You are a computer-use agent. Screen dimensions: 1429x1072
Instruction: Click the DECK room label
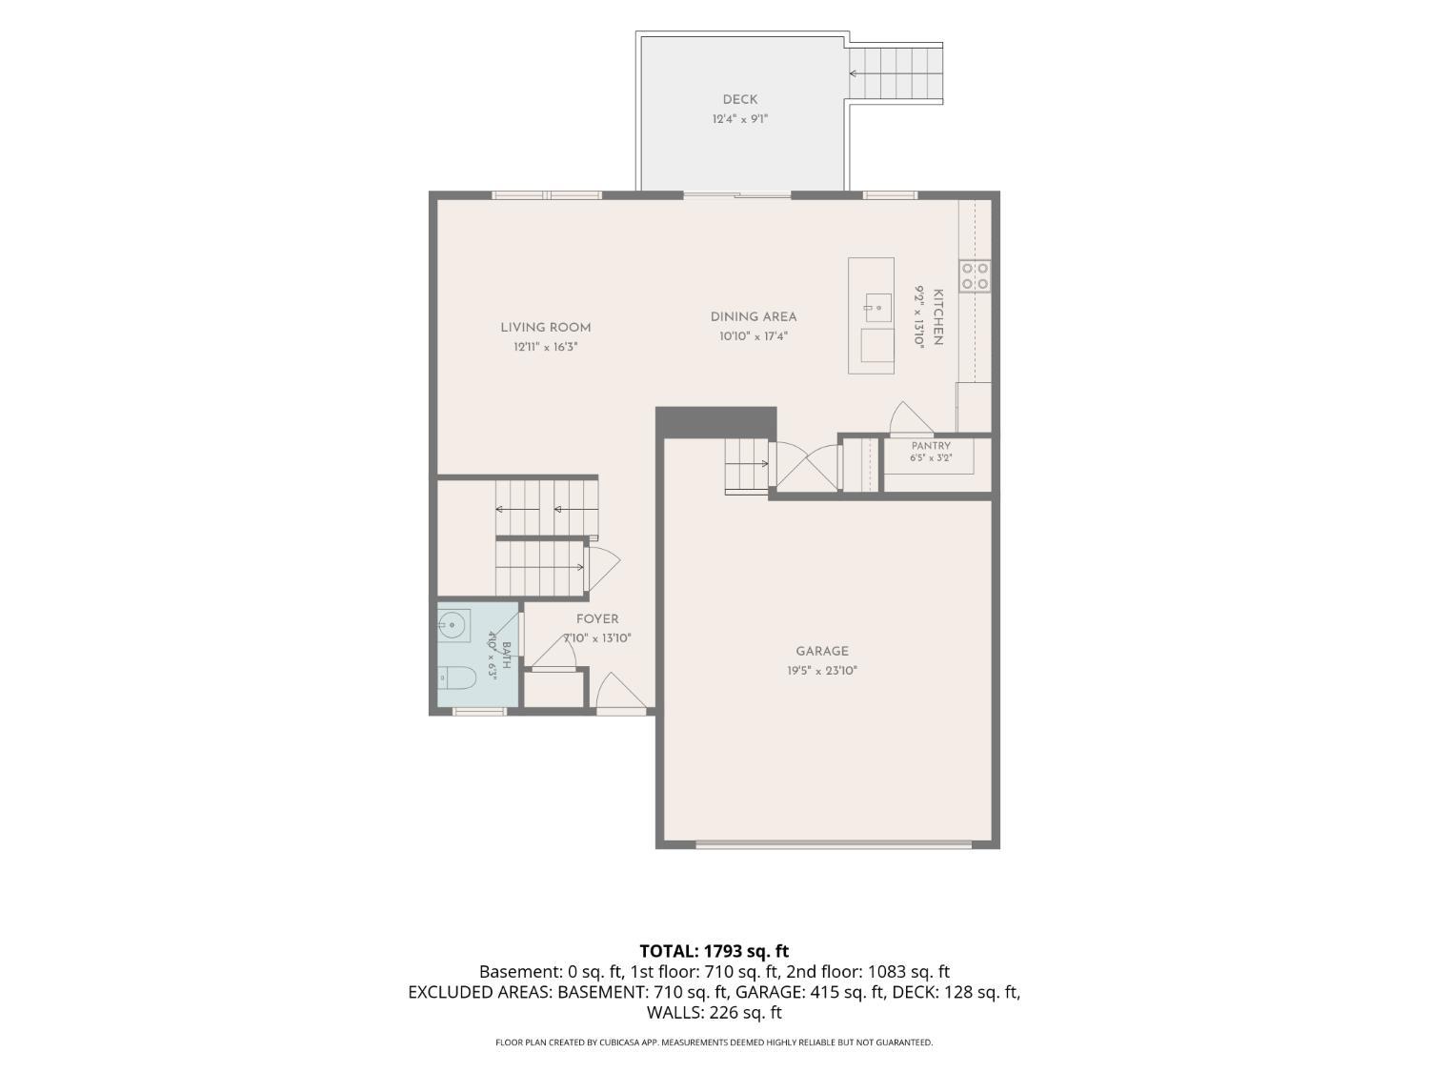(x=739, y=100)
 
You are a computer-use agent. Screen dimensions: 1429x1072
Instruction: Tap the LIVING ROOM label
(x=546, y=328)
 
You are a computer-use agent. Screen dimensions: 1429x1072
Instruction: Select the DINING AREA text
(x=754, y=317)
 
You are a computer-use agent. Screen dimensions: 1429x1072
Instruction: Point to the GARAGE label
(x=821, y=651)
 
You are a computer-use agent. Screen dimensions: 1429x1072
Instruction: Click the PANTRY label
(x=931, y=446)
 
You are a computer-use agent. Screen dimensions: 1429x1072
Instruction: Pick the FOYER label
(x=597, y=619)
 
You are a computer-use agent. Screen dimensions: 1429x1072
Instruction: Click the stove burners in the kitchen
(x=975, y=275)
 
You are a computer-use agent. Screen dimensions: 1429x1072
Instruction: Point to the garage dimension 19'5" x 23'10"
(x=821, y=671)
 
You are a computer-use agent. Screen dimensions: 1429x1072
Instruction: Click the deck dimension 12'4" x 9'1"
(x=740, y=119)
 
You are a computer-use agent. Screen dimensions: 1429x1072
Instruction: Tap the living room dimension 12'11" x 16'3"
(x=546, y=347)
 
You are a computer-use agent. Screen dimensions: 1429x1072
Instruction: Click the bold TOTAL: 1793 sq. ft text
(x=714, y=951)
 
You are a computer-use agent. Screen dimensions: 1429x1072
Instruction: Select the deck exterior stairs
(x=895, y=73)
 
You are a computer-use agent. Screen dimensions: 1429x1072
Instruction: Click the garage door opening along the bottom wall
(x=834, y=845)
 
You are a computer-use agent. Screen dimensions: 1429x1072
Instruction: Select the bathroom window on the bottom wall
(x=480, y=712)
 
